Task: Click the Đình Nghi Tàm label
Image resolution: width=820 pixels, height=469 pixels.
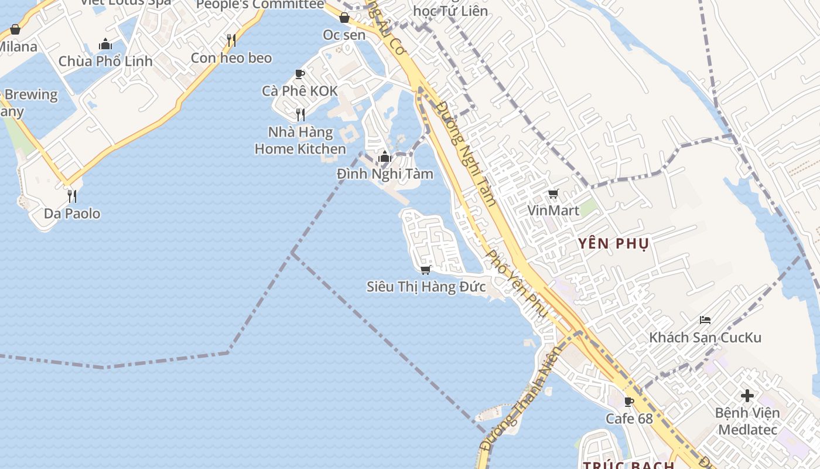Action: pyautogui.click(x=385, y=174)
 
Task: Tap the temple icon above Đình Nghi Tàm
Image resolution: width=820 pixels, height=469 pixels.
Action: pyautogui.click(x=385, y=157)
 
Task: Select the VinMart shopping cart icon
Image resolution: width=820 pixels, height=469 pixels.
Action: pyautogui.click(x=553, y=193)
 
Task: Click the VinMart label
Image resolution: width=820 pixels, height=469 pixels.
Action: pyautogui.click(x=553, y=210)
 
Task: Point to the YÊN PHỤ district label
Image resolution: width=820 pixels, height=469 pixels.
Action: pyautogui.click(x=613, y=244)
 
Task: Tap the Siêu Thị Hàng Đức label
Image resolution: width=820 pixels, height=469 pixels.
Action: pyautogui.click(x=426, y=287)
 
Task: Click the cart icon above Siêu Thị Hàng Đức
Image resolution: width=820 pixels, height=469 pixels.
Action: pyautogui.click(x=426, y=270)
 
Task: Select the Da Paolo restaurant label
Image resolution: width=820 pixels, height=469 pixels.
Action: pyautogui.click(x=72, y=213)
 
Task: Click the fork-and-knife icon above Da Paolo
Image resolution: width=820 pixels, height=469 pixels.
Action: pyautogui.click(x=72, y=196)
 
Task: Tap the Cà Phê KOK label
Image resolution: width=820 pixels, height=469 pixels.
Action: pyautogui.click(x=300, y=91)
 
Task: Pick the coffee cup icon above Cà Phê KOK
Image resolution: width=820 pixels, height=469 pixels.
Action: pyautogui.click(x=300, y=74)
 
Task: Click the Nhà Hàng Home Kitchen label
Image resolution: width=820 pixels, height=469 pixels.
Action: pyautogui.click(x=300, y=141)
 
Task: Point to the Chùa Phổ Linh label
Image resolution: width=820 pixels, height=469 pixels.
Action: pyautogui.click(x=105, y=61)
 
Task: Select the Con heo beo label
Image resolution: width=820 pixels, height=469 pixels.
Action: pyautogui.click(x=231, y=58)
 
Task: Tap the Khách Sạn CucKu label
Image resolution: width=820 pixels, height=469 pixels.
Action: pyautogui.click(x=705, y=338)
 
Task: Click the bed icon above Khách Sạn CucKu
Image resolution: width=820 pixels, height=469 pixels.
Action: pyautogui.click(x=705, y=320)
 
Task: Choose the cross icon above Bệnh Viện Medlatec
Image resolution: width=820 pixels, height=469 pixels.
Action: pyautogui.click(x=747, y=395)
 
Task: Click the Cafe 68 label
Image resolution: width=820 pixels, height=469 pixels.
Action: pyautogui.click(x=629, y=419)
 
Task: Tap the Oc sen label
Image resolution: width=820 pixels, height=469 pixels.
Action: pyautogui.click(x=344, y=35)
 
